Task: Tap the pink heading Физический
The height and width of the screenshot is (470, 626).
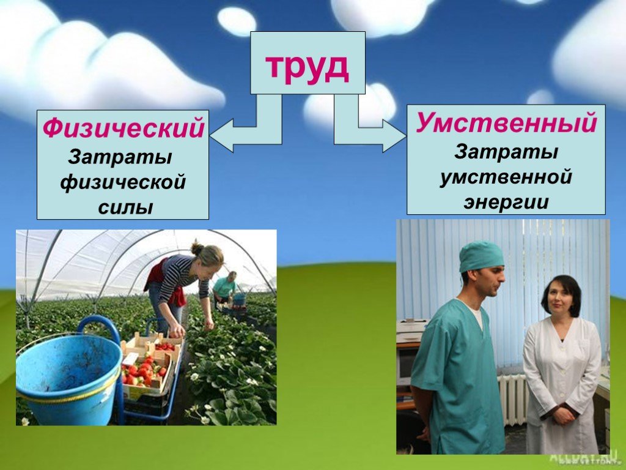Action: [123, 129]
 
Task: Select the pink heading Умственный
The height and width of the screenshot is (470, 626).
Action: [506, 122]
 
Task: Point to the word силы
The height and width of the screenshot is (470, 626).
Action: [125, 208]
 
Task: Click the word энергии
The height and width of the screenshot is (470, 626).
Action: [506, 202]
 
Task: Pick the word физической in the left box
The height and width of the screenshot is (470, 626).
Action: [123, 183]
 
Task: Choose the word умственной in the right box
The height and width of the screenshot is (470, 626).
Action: [506, 177]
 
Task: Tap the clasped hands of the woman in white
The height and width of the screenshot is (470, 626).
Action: [563, 416]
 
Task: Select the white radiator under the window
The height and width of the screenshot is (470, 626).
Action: [513, 400]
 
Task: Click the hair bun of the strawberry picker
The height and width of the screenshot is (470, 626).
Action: [197, 248]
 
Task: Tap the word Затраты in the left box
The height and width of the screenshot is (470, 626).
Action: [120, 157]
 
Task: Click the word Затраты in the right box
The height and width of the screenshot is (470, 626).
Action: [506, 152]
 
